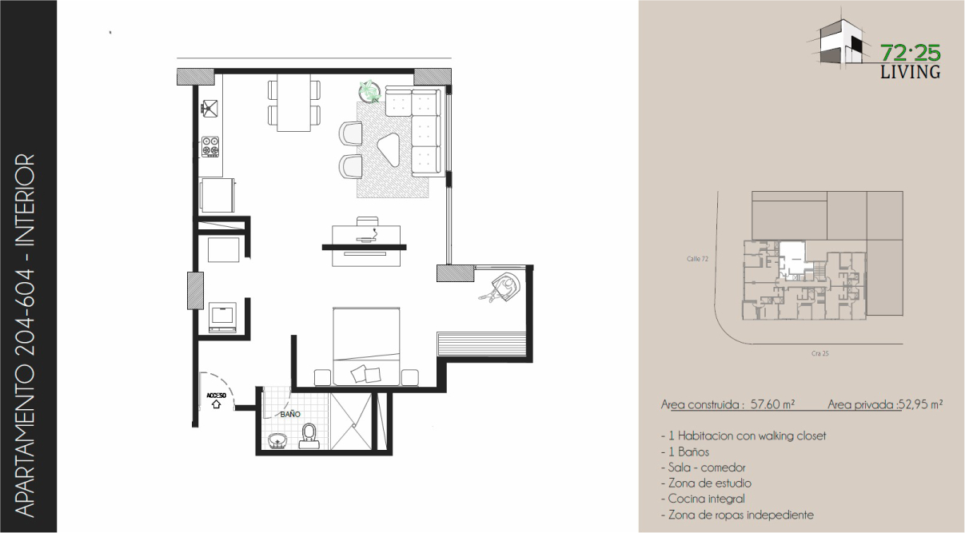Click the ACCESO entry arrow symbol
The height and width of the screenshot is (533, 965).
pos(216,404)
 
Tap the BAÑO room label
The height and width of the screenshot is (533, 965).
pos(290,414)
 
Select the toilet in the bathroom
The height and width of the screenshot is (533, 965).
pos(309,436)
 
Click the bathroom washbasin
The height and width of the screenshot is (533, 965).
pos(278,441)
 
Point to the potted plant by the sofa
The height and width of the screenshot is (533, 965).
pos(369,91)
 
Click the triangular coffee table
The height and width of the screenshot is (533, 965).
pos(389,149)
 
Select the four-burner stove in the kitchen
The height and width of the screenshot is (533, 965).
pos(210,146)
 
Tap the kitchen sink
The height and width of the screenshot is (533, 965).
pos(209,108)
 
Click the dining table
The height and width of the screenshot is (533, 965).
pos(293,103)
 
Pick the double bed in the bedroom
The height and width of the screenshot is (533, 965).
pos(366,346)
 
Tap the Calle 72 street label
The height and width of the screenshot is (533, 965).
pos(697,259)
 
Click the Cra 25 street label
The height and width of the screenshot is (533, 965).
pos(819,353)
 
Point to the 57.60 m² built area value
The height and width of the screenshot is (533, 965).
pos(772,404)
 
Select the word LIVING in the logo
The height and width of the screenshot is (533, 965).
pos(910,72)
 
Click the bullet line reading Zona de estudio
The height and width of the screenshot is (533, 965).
pos(706,483)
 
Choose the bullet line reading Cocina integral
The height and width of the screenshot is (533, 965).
pos(703,499)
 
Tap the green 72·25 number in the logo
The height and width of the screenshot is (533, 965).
pos(911,54)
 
